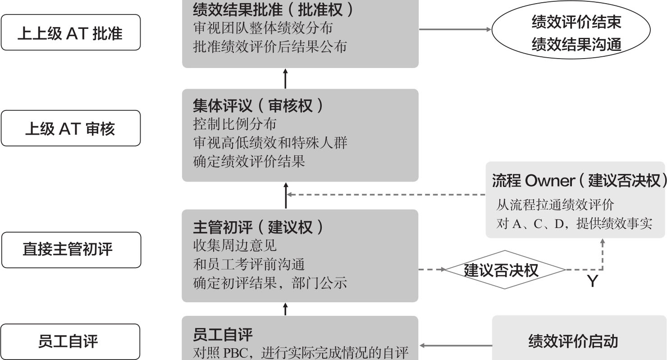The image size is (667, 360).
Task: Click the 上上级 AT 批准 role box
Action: pyautogui.click(x=70, y=33)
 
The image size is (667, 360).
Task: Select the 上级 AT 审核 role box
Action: pyautogui.click(x=70, y=129)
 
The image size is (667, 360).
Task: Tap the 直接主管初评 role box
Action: pyautogui.click(x=70, y=250)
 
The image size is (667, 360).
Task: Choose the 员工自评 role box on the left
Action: pyautogui.click(x=70, y=341)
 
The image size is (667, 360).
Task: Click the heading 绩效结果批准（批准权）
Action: pyautogui.click(x=273, y=9)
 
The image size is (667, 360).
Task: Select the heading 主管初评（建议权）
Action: pyautogui.click(x=258, y=227)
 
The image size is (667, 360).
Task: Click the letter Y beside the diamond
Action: pyautogui.click(x=592, y=282)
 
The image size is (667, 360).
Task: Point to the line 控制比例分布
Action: pyautogui.click(x=234, y=124)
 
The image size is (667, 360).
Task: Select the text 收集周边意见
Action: pyautogui.click(x=234, y=246)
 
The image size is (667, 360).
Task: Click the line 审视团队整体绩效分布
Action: pyautogui.click(x=263, y=28)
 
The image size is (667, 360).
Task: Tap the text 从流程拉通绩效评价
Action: pyautogui.click(x=555, y=205)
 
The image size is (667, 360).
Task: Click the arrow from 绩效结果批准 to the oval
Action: pyautogui.click(x=455, y=30)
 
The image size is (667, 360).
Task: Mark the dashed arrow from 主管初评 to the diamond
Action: pyautogui.click(x=432, y=270)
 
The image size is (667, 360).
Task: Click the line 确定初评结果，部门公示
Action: pyautogui.click(x=270, y=283)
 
